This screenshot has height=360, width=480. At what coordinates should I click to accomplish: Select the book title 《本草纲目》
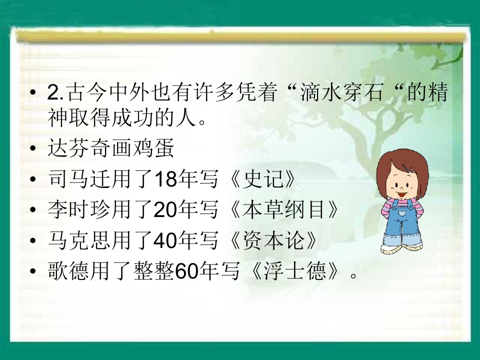pos(284,211)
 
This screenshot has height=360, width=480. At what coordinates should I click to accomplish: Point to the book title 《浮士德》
pos(295,272)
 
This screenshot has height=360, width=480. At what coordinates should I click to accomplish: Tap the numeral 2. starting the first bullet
pos(54,93)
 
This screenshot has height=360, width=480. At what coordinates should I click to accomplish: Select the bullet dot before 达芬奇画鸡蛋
pos(33,149)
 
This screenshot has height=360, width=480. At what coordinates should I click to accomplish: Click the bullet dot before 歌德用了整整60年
pos(33,273)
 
